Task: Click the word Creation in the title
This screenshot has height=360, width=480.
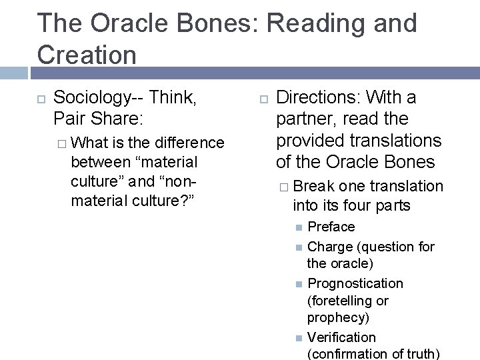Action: pos(87,53)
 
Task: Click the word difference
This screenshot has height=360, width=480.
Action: pos(189,143)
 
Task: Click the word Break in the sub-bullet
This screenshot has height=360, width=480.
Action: pos(315,187)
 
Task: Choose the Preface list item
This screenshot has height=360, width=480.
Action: pos(331,227)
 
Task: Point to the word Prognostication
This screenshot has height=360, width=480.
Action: pos(355,284)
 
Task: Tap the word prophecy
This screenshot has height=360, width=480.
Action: pos(338,318)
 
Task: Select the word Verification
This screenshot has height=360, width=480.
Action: pos(341,337)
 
